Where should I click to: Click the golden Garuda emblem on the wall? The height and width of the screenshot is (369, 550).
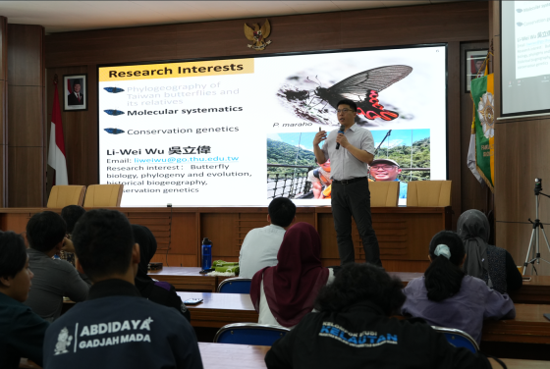257,34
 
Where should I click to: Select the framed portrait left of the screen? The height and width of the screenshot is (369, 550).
75,92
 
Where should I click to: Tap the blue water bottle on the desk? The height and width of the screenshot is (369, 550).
206,254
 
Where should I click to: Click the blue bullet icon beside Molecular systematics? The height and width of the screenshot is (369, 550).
114,112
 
